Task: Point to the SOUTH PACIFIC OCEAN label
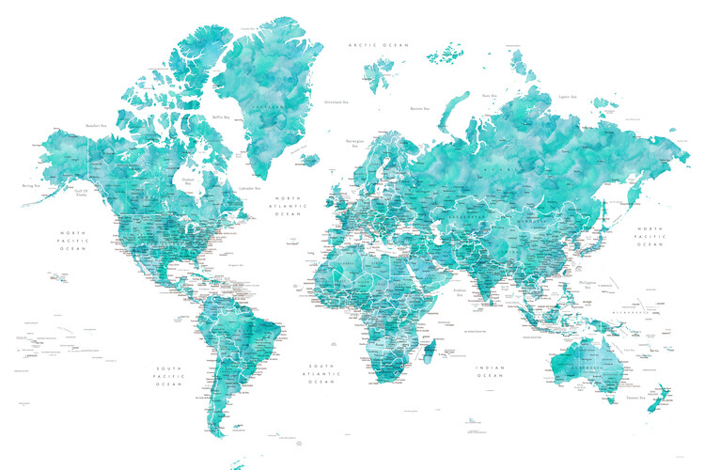(169, 376)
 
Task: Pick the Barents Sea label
(420, 108)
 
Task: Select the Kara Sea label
(489, 95)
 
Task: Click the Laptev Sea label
(567, 96)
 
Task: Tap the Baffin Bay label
(220, 117)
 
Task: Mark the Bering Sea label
(31, 186)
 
